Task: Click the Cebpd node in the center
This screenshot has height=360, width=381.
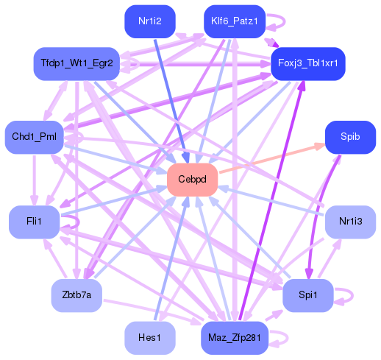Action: (192, 180)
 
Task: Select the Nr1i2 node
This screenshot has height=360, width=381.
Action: (150, 21)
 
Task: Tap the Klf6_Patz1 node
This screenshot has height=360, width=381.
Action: (234, 21)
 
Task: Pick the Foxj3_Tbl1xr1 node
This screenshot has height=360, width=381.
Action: (307, 63)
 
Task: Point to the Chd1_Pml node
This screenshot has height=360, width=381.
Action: (35, 137)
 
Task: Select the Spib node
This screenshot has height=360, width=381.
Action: (349, 137)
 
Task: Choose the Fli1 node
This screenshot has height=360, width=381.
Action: (35, 222)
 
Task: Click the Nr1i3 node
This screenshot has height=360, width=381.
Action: (350, 222)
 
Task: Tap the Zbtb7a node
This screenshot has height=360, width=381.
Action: (76, 295)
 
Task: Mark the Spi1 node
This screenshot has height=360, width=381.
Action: (308, 295)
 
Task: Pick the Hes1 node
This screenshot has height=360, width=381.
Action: (150, 337)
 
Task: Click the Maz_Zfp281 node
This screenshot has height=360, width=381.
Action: (234, 337)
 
